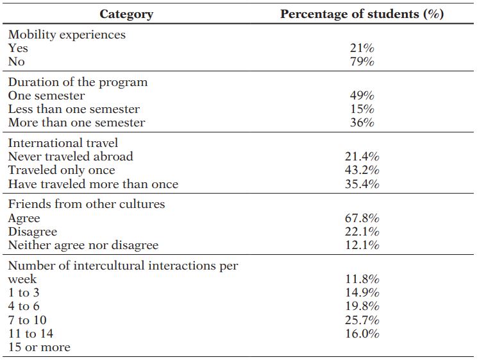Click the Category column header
coord(126,13)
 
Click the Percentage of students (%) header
coord(362,13)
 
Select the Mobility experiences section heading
coord(67,35)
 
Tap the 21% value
coord(362,48)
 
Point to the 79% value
coord(362,62)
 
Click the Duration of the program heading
coord(78,82)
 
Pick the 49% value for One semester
coord(362,96)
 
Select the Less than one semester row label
coord(74,109)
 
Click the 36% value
coord(362,123)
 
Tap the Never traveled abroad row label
coord(71,157)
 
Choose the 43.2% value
coord(362,170)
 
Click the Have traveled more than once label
coord(93,184)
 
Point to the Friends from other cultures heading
coord(87,204)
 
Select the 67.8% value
coord(362,218)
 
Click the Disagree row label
coord(33,232)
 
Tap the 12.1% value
coord(362,245)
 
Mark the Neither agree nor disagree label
coord(83,245)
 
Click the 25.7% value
coord(362,320)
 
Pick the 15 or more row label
coord(39,347)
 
